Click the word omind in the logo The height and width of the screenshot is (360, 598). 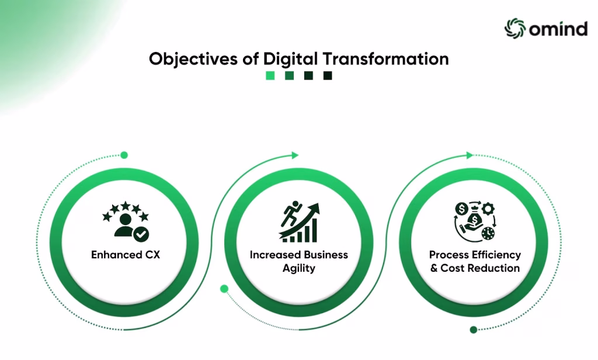click(558, 29)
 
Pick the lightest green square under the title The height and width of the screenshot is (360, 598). click(270, 75)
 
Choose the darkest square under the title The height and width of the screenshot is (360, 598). click(328, 75)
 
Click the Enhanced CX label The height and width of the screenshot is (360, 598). click(125, 255)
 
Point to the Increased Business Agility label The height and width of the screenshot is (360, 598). click(298, 261)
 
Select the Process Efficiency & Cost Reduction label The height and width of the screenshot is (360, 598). click(474, 261)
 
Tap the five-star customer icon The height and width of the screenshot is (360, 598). click(126, 221)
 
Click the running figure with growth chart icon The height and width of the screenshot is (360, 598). click(298, 222)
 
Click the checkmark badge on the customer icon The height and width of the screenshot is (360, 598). click(141, 234)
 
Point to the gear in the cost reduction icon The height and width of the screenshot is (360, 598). click(487, 209)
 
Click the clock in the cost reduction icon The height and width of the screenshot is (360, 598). click(488, 233)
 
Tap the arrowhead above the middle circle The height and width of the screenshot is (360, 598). click(294, 155)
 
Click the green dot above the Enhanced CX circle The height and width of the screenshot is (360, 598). click(124, 155)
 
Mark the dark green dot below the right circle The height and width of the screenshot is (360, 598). click(474, 330)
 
